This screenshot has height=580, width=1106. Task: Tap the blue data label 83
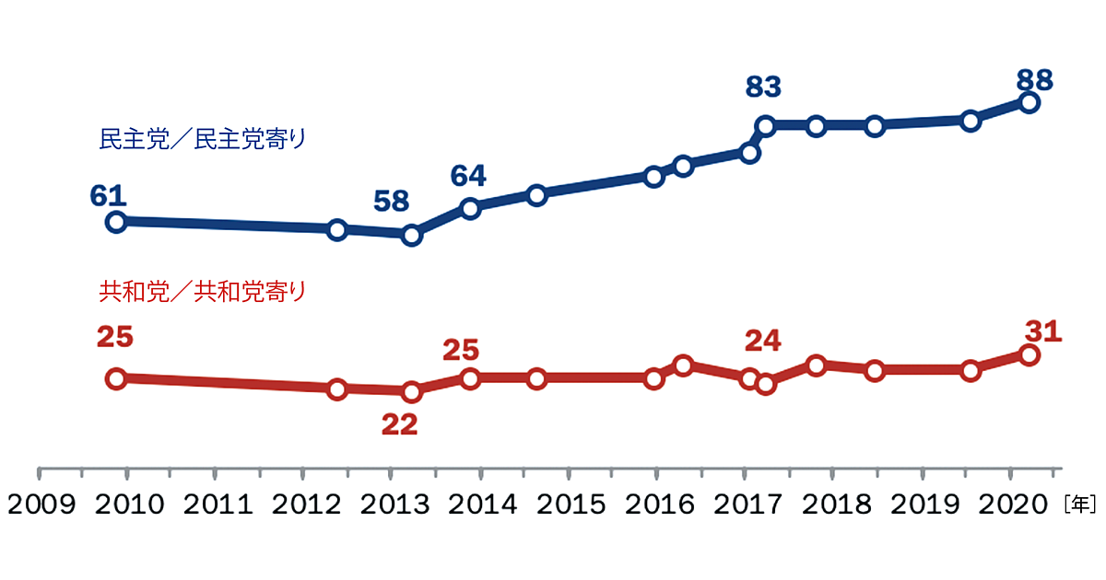click(763, 87)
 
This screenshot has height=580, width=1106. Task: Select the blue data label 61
click(108, 194)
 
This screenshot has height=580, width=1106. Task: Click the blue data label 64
click(468, 175)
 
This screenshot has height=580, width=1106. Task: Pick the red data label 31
click(1043, 330)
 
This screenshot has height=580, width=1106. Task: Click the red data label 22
click(398, 424)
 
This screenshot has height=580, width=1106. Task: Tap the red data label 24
click(763, 341)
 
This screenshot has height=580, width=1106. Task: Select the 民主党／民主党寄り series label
click(202, 140)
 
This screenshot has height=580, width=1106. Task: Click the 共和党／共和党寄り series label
click(202, 292)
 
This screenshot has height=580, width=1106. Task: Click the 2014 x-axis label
click(479, 505)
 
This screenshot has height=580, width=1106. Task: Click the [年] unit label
click(1079, 505)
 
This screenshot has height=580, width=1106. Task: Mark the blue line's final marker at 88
click(1030, 103)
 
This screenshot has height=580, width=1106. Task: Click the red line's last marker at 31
click(1030, 355)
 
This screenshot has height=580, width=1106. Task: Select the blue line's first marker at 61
click(116, 221)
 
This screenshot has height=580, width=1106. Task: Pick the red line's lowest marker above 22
click(411, 392)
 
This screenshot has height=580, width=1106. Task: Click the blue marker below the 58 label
click(411, 235)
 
